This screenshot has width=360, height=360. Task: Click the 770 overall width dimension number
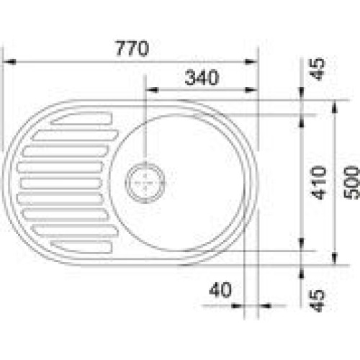click(132, 49)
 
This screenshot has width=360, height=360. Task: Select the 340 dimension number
click(202, 77)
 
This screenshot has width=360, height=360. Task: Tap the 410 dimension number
click(319, 183)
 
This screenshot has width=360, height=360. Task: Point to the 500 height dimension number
click(351, 183)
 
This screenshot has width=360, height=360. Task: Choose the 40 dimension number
click(220, 289)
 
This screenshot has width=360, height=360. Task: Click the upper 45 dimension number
click(317, 69)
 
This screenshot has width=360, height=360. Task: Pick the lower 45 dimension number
click(317, 301)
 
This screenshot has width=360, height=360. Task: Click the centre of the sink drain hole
click(145, 183)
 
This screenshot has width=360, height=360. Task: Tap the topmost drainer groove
click(81, 119)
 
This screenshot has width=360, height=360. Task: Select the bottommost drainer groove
click(81, 246)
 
